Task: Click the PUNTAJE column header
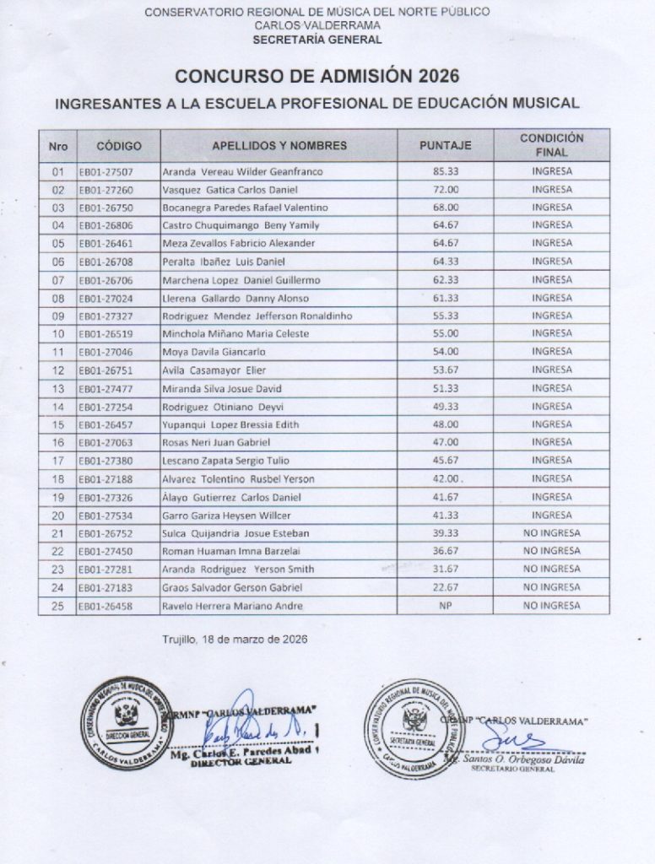coord(445,145)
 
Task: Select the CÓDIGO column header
coord(119,145)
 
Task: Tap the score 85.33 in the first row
coord(445,171)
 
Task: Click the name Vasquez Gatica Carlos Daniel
coord(230,190)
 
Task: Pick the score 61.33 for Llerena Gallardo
coord(445,298)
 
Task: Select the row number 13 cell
coord(58,388)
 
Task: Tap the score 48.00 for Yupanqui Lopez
coord(445,424)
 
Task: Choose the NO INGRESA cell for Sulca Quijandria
coord(552,532)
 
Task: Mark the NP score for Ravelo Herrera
coord(445,605)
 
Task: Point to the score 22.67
coord(445,587)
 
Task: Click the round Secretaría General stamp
coord(414,727)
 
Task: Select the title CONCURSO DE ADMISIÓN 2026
coord(317,77)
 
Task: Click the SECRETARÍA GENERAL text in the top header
coord(317,39)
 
